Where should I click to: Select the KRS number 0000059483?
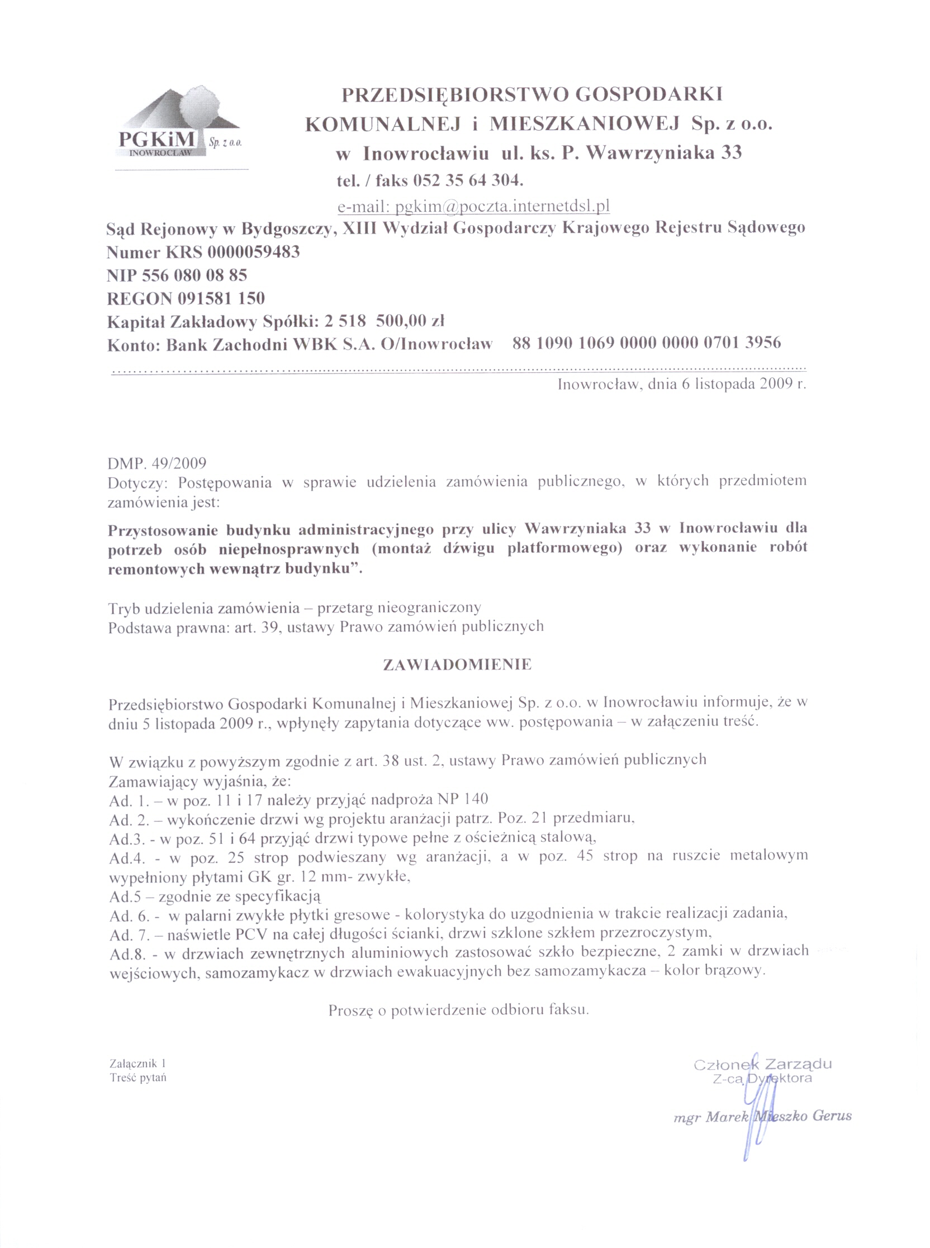click(x=253, y=252)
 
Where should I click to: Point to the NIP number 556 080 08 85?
click(x=195, y=276)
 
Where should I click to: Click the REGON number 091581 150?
click(x=222, y=298)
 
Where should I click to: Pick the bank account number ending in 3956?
click(x=647, y=342)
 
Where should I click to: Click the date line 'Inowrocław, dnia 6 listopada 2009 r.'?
click(x=682, y=385)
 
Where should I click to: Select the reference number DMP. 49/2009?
click(x=157, y=463)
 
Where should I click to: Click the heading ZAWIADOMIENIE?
click(x=457, y=665)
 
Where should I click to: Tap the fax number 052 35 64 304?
click(x=468, y=181)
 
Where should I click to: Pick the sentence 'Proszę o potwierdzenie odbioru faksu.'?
click(x=458, y=1010)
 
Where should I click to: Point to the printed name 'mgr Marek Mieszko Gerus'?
click(x=763, y=1116)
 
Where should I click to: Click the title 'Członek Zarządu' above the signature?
click(x=763, y=1065)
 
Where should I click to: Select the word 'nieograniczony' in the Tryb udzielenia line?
click(x=430, y=608)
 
